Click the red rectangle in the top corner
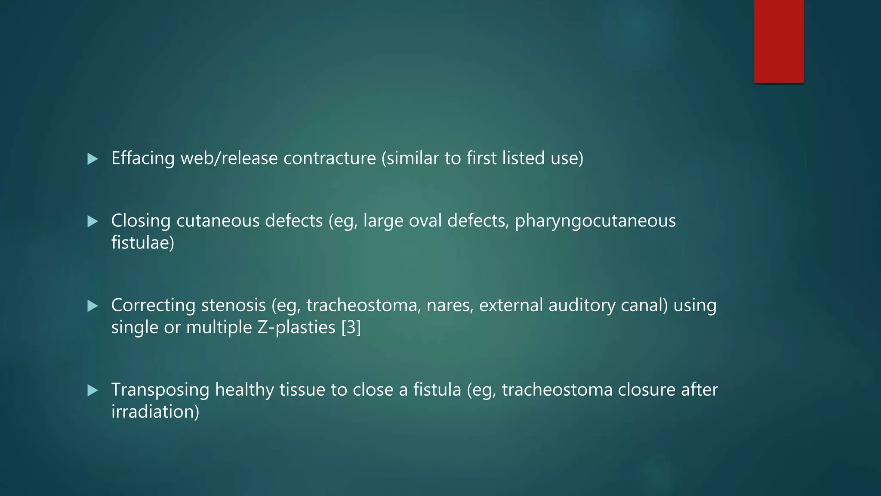pyautogui.click(x=779, y=41)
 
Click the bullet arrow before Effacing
pyautogui.click(x=92, y=159)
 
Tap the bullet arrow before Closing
pyautogui.click(x=92, y=222)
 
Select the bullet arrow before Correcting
pyautogui.click(x=92, y=306)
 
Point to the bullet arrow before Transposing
pyautogui.click(x=92, y=391)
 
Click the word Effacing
pyautogui.click(x=143, y=158)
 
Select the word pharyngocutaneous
pyautogui.click(x=595, y=221)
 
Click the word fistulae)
pyautogui.click(x=143, y=243)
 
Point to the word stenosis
pyautogui.click(x=233, y=305)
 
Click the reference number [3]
pyautogui.click(x=351, y=327)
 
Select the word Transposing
pyautogui.click(x=160, y=390)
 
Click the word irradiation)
pyautogui.click(x=155, y=412)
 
